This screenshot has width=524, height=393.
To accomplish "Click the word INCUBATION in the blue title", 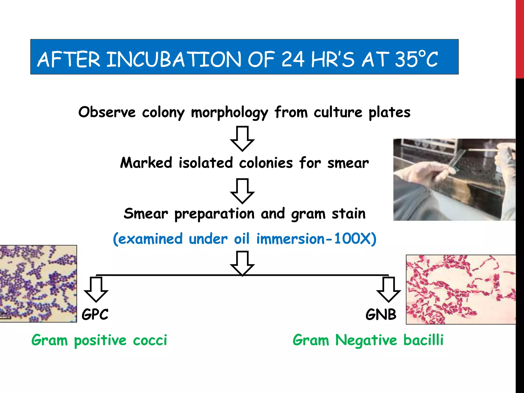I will click(x=174, y=59).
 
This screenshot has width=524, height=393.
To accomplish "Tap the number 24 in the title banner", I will click(x=293, y=59).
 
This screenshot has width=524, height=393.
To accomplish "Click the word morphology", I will click(x=230, y=113).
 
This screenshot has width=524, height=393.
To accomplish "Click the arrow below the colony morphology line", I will click(x=242, y=138).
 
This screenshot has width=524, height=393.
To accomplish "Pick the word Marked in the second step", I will click(x=146, y=163).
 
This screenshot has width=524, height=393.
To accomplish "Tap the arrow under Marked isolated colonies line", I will click(x=242, y=191).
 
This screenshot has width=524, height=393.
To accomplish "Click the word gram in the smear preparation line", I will click(x=308, y=214).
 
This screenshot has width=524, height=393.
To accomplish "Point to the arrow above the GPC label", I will click(x=96, y=289).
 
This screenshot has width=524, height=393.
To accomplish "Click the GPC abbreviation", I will click(x=95, y=314).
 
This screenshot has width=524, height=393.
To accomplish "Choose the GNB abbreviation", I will click(x=381, y=314).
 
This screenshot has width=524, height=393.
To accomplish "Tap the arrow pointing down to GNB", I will click(x=388, y=289).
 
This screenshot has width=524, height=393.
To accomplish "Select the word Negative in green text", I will click(x=366, y=340).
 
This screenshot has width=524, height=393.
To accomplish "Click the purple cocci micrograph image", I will click(x=38, y=283).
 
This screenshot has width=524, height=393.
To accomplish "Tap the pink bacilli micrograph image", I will click(x=461, y=289).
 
